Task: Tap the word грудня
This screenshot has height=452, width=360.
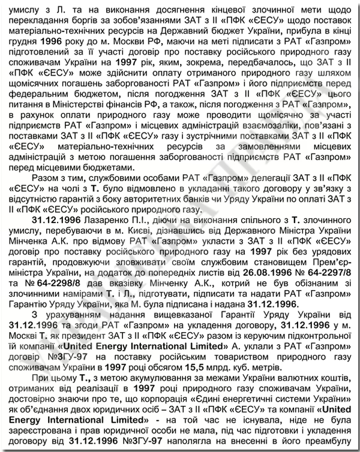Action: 23,46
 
